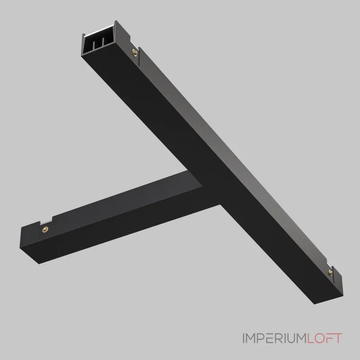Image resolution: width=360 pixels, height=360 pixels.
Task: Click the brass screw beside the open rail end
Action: [135, 53]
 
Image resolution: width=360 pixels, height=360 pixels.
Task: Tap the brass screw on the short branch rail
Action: [45, 229]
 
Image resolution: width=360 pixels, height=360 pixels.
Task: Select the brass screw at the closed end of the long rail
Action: [331, 272]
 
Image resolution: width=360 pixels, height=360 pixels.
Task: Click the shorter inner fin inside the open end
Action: [94, 45]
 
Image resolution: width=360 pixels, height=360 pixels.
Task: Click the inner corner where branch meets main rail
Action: [202, 186]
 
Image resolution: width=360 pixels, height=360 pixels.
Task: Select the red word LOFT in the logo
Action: [324, 338]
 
